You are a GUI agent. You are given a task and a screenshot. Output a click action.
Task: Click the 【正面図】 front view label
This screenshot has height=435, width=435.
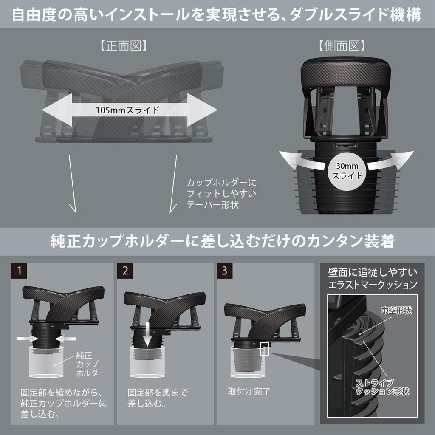tap(123, 46)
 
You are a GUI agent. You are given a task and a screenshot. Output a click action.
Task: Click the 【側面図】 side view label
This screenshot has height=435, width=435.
tap(342, 46)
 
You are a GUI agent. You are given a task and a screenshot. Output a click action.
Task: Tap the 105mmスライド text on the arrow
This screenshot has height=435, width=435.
tap(127, 110)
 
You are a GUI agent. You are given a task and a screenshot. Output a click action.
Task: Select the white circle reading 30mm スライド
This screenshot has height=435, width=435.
tap(347, 171)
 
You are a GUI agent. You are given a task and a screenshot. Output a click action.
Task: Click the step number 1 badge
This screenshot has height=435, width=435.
tap(19, 271)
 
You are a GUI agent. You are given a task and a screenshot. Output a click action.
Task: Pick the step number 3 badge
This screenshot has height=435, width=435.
tap(225, 271)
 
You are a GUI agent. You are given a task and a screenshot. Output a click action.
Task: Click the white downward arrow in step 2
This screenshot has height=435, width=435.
tap(147, 335)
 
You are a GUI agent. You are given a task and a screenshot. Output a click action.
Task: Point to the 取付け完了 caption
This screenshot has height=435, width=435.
tap(249, 391)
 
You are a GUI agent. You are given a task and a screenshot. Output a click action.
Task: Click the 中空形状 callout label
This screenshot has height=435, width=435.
tap(396, 310)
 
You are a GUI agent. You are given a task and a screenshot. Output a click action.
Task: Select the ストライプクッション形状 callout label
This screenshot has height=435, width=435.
tap(382, 387)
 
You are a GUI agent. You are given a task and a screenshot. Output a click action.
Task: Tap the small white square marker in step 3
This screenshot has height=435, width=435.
tap(265, 349)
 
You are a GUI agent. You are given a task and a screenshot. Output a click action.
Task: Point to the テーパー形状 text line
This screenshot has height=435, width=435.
tap(213, 205)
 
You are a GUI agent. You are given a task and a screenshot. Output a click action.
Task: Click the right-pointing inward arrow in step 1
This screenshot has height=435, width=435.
tap(28, 339)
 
